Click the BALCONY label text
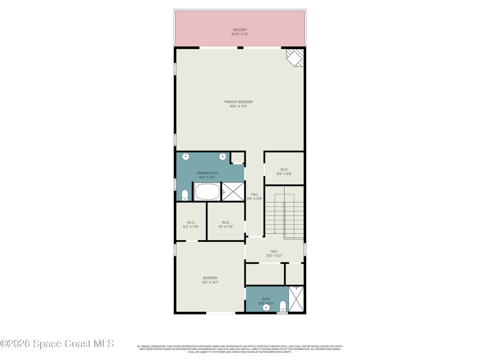[x=240, y=30]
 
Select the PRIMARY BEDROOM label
[x=239, y=102]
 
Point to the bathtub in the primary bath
[x=207, y=192]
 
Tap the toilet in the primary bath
[x=185, y=195]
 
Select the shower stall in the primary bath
[x=233, y=192]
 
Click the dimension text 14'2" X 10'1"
[x=207, y=178]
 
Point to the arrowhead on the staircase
[x=275, y=232]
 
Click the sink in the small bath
[x=267, y=308]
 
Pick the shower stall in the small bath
[x=296, y=300]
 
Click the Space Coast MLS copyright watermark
[x=57, y=344]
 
